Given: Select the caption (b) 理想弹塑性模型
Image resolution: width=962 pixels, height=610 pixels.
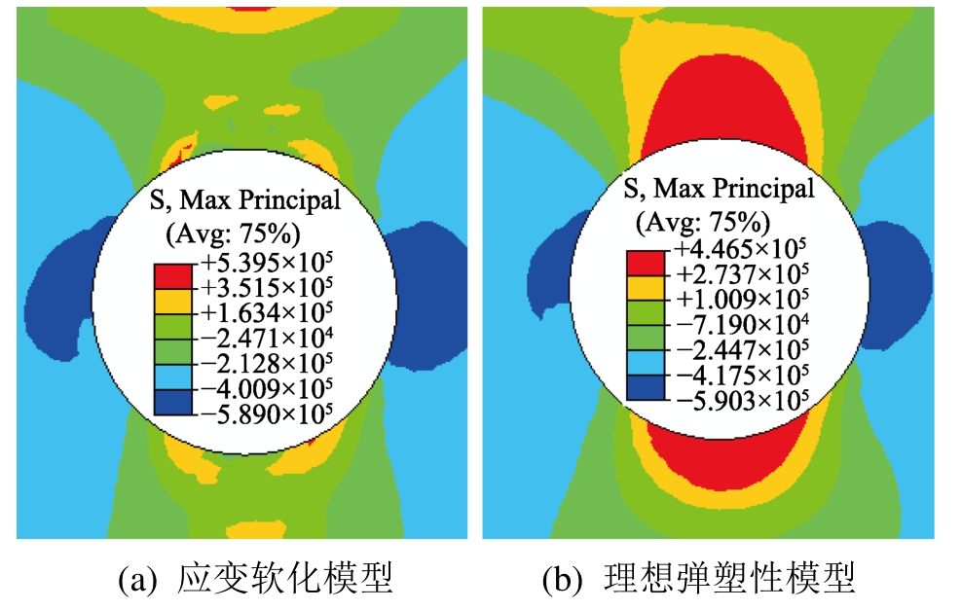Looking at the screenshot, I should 699,580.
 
